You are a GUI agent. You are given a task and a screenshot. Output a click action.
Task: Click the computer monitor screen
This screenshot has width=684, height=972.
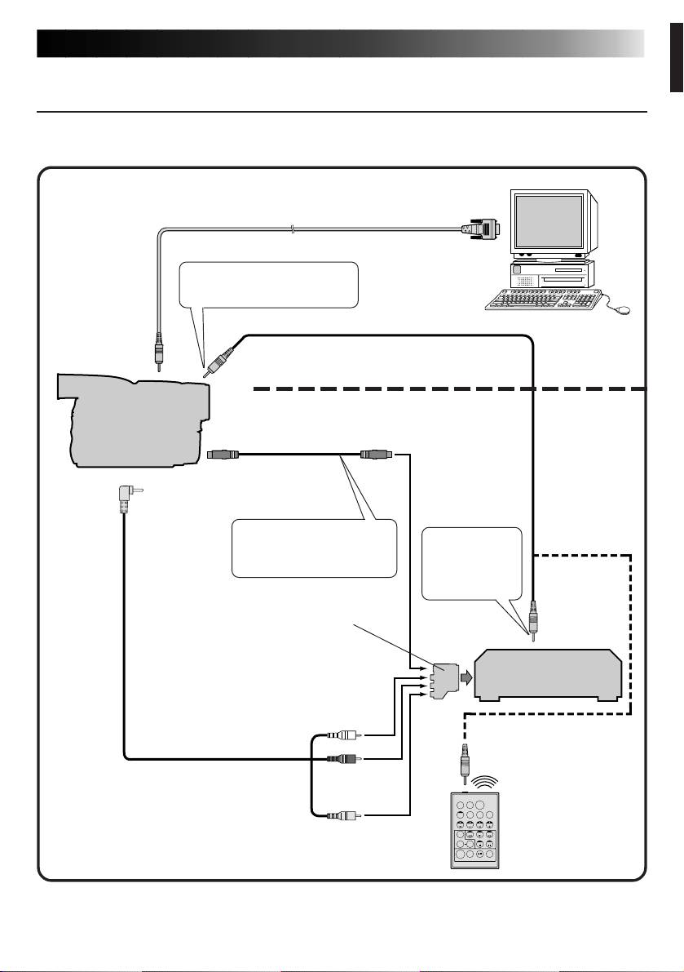point(547,221)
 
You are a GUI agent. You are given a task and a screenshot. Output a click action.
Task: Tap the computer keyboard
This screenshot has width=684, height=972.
point(542,300)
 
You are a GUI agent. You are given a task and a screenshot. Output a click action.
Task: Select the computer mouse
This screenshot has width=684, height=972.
point(621,309)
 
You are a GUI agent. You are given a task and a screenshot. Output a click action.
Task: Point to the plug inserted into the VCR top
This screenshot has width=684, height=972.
point(532,618)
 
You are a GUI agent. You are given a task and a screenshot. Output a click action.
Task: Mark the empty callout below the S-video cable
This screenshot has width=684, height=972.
point(314,547)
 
